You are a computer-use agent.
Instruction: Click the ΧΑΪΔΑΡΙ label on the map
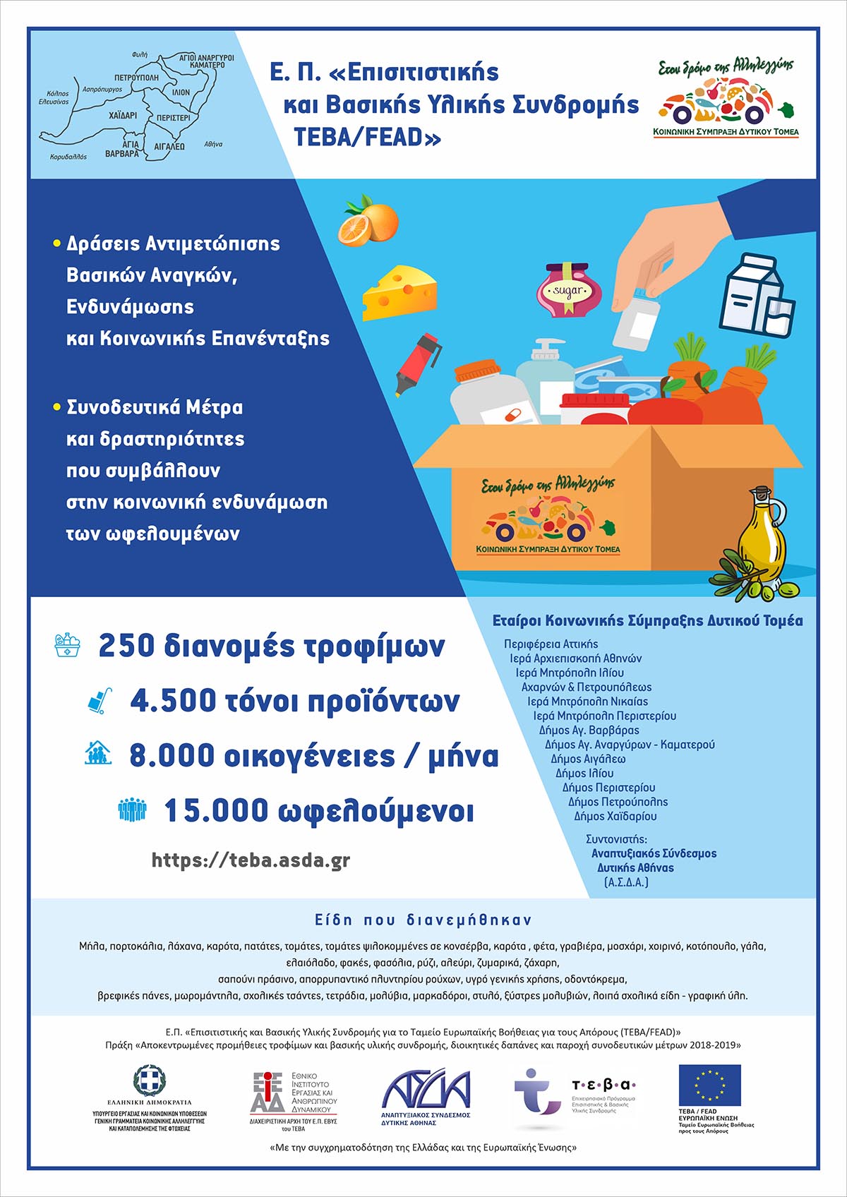[x=123, y=115]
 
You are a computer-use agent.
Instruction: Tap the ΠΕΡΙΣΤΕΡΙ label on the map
[x=173, y=118]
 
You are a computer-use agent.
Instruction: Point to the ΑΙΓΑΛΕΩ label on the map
[x=169, y=147]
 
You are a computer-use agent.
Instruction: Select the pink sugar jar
[x=568, y=290]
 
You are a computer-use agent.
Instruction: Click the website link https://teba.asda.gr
[x=251, y=860]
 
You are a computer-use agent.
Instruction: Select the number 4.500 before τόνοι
[x=173, y=701]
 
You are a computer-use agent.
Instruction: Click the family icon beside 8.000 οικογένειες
[x=98, y=754]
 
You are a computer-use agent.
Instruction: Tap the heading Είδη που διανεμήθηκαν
[x=423, y=920]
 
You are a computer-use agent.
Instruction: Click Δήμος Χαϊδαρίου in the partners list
[x=615, y=817]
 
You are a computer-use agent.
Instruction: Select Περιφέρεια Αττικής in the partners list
[x=551, y=644]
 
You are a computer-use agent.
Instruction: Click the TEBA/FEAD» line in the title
[x=367, y=137]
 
